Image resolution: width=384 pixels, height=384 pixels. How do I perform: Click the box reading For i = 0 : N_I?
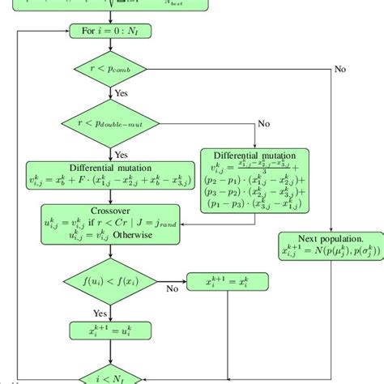[x=111, y=32]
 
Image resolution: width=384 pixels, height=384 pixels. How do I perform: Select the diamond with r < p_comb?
[x=111, y=71]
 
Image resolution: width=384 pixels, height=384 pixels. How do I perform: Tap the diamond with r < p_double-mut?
[x=111, y=124]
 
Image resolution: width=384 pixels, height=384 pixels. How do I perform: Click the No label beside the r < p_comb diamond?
[x=339, y=69]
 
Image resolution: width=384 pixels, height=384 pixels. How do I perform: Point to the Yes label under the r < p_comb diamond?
[x=122, y=94]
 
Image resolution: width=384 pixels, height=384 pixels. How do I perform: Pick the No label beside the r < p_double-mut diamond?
[x=264, y=124]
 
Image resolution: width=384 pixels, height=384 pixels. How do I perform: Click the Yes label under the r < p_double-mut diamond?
[x=122, y=154]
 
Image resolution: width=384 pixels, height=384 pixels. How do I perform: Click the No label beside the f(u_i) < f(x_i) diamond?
[x=173, y=288]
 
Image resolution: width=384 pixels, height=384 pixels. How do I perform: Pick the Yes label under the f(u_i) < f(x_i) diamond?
[x=100, y=313]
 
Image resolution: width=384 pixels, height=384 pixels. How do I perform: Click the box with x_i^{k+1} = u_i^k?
[x=111, y=331]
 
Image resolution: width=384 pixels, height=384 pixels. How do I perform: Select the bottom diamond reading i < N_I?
[x=111, y=374]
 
